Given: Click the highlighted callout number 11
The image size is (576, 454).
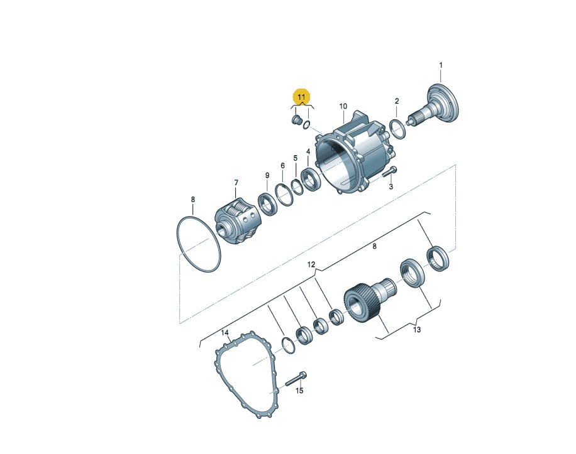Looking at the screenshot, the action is pos(301,97).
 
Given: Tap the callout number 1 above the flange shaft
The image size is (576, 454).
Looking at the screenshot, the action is pos(441,65).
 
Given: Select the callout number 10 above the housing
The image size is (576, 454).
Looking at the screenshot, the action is pos(343,106).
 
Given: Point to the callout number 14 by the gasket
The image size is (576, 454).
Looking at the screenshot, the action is pos(225,333).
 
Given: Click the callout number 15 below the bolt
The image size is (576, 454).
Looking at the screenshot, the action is pos(299,391).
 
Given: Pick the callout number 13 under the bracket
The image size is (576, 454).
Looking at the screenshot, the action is pos(416,330).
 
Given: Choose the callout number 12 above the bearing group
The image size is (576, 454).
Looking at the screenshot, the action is pos(311,264).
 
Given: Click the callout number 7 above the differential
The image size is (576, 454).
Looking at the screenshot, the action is pos(236,182).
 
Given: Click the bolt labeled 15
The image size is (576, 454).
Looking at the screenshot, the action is pos(296,379).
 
